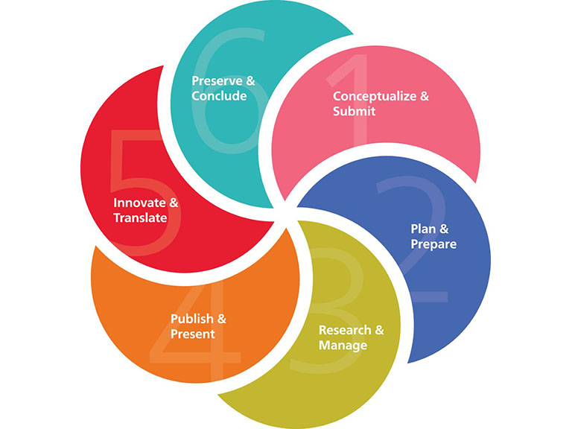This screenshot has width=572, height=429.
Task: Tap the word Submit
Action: (354, 112)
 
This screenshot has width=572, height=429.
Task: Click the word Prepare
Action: (433, 244)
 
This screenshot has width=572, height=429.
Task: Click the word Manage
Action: (343, 346)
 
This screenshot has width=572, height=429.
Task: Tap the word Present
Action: (192, 334)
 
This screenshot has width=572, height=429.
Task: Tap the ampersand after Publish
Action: (222, 319)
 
